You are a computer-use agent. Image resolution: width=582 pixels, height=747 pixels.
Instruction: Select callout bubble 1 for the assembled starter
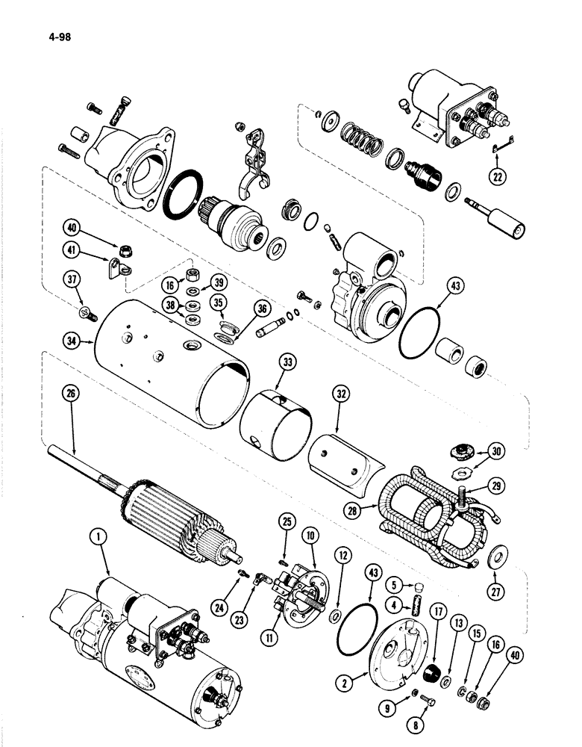94,536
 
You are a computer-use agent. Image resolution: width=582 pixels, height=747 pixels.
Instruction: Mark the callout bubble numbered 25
287,539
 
